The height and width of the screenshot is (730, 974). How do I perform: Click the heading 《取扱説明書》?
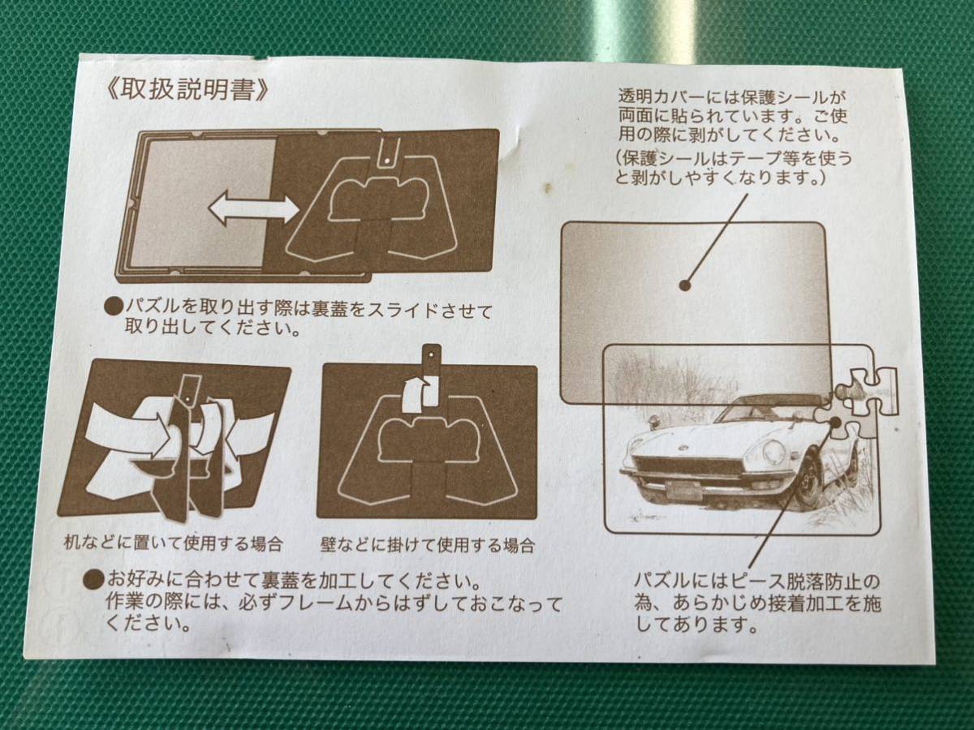(x=187, y=90)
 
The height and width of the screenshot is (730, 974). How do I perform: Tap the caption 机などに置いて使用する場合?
(x=173, y=543)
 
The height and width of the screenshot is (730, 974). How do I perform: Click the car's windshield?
(x=763, y=410)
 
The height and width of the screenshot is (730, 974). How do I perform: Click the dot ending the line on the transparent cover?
(x=686, y=285)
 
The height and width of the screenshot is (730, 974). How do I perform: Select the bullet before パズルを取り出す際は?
(x=114, y=307)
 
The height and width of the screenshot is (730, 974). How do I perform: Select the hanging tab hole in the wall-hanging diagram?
(x=431, y=354)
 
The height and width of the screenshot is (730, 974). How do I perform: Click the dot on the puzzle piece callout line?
(x=835, y=422)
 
